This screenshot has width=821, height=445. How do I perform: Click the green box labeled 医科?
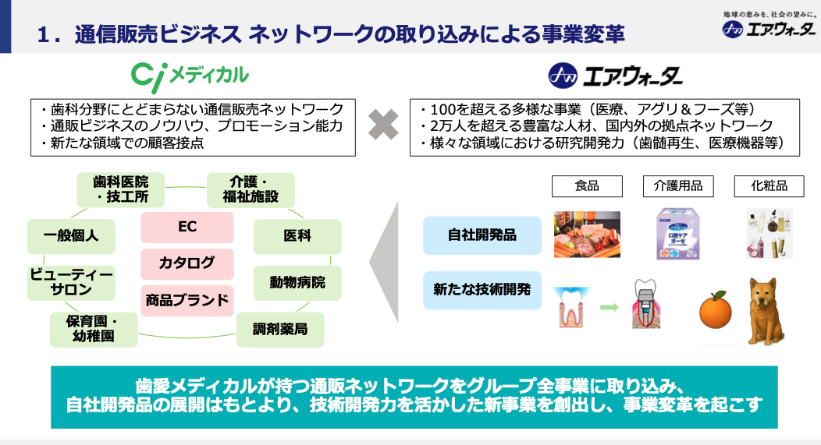(x=297, y=236)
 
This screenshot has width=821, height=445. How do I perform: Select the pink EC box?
(x=187, y=227)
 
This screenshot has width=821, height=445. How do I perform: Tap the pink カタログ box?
(x=187, y=263)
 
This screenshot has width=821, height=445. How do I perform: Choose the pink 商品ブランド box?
(x=187, y=300)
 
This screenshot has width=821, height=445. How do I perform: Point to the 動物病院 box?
(x=297, y=283)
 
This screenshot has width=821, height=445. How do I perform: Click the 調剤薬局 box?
(x=280, y=330)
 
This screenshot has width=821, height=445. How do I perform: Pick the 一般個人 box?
(x=71, y=236)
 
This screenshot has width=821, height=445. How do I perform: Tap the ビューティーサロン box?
(x=71, y=282)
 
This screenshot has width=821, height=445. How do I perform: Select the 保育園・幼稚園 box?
(x=94, y=330)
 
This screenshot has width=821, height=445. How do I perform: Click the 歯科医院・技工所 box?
(x=120, y=190)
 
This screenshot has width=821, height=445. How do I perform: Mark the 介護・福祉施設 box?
(x=251, y=190)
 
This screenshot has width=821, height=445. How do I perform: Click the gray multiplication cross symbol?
(x=383, y=125)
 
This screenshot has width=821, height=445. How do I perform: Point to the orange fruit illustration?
(x=715, y=310)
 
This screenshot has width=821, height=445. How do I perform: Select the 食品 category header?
(x=587, y=186)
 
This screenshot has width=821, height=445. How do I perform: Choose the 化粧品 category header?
(x=769, y=186)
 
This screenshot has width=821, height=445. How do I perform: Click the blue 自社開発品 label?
(x=482, y=235)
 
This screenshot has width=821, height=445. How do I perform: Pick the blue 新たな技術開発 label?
(x=482, y=290)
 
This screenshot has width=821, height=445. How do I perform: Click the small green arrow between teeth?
(x=609, y=308)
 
